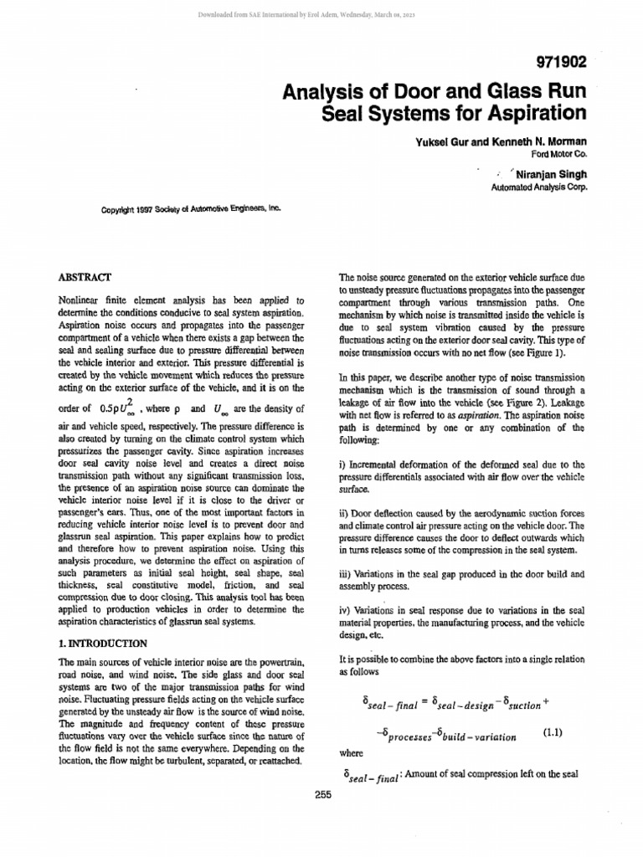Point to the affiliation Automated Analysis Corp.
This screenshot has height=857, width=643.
(x=539, y=187)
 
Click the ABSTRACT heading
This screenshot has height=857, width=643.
(x=81, y=276)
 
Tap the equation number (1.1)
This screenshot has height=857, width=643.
(x=553, y=731)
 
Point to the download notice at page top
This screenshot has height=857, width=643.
(x=321, y=14)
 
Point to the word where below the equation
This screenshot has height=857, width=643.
(x=351, y=752)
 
